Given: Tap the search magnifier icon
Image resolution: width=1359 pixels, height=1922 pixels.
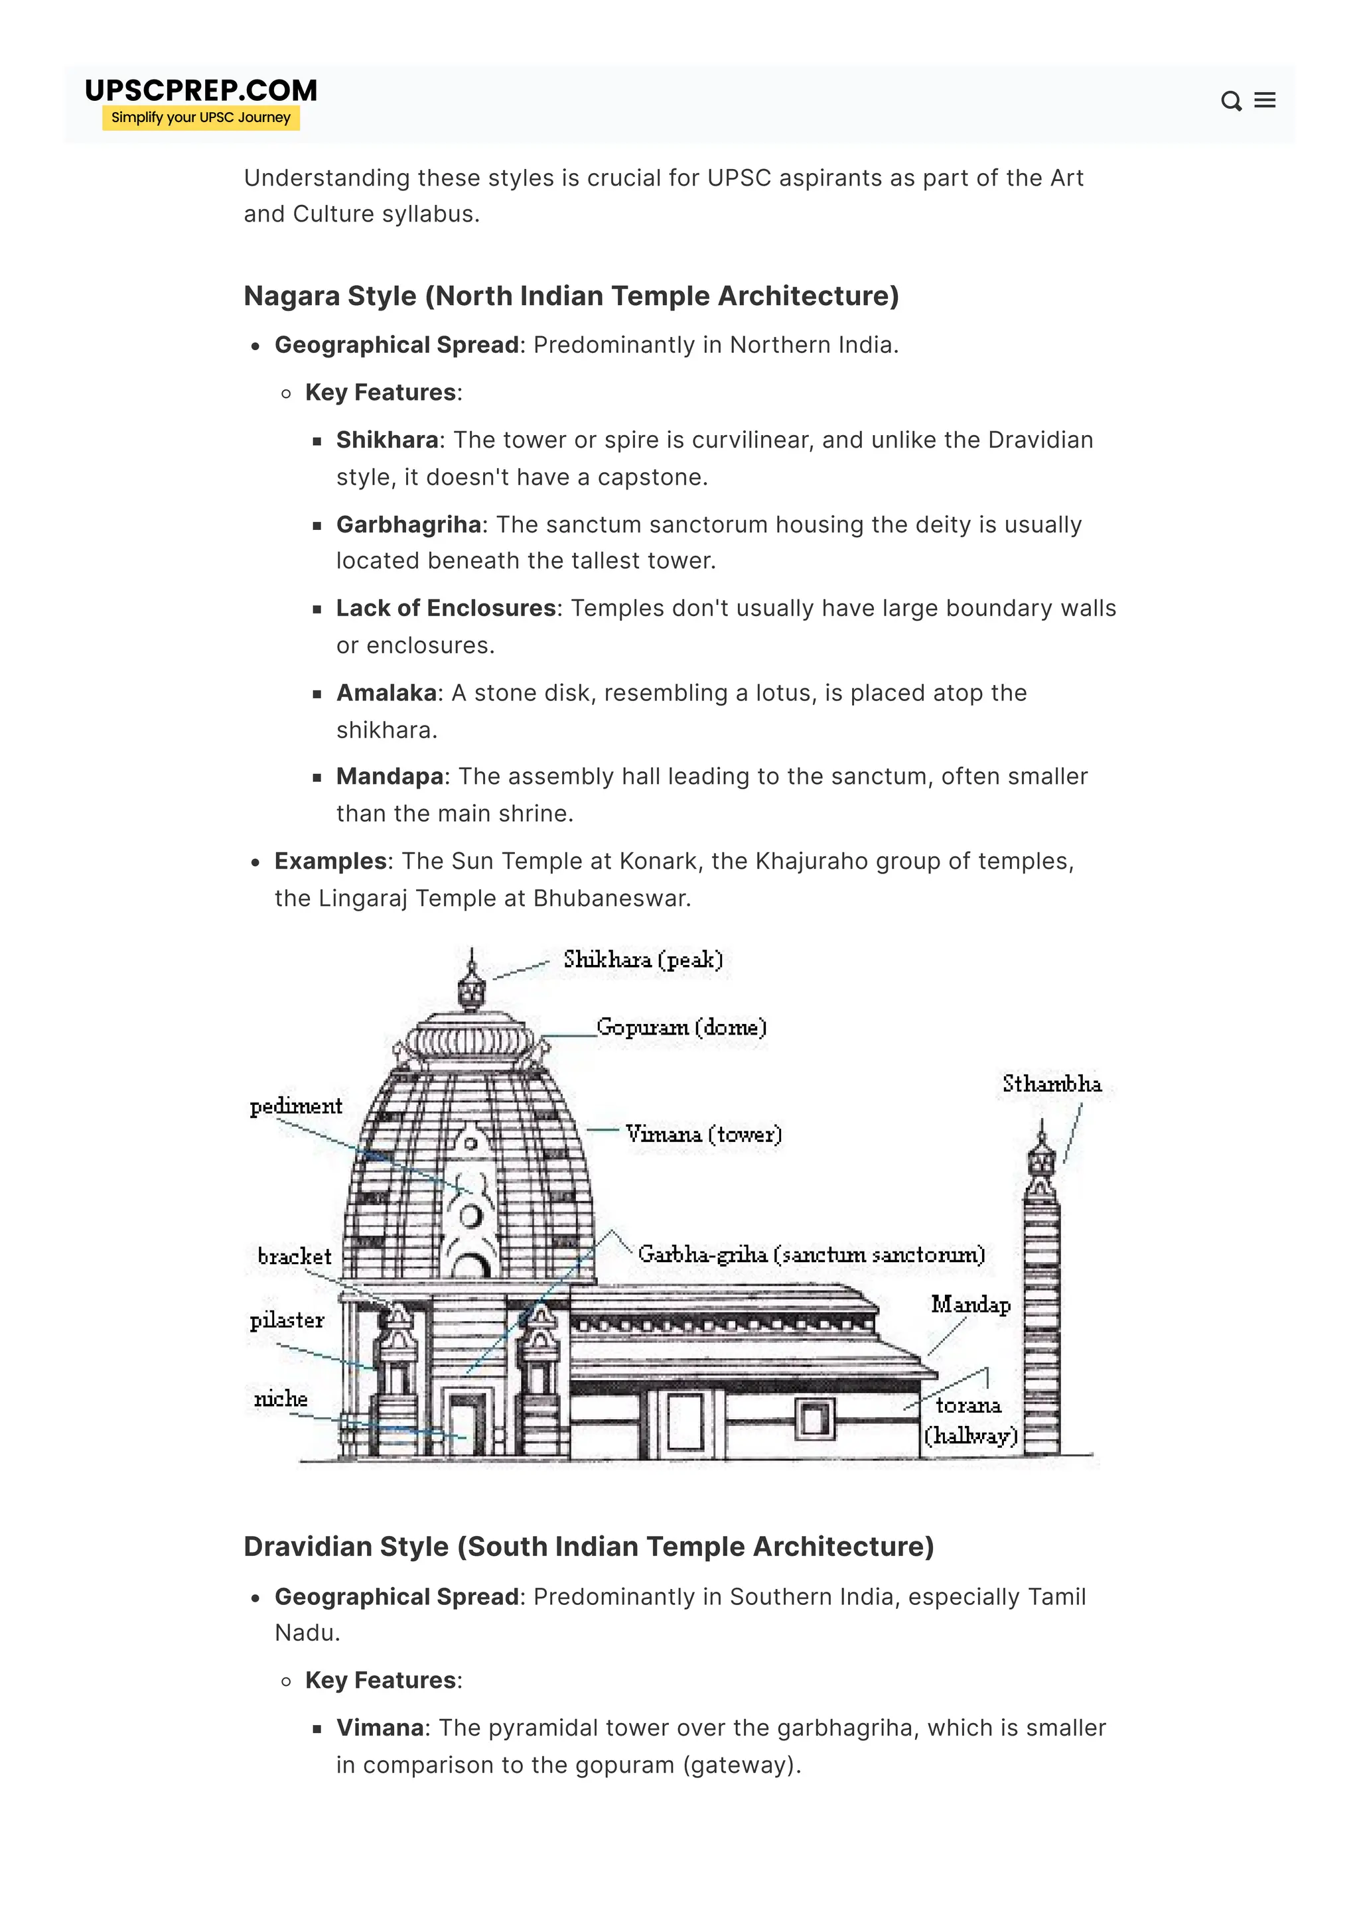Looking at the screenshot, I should tap(1230, 101).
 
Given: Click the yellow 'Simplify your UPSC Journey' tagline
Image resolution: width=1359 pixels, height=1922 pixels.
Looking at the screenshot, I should tap(201, 117).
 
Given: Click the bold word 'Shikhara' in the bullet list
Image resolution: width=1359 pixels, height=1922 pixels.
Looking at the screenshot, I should tap(387, 440).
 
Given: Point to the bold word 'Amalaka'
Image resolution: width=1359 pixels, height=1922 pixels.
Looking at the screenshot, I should tap(386, 693).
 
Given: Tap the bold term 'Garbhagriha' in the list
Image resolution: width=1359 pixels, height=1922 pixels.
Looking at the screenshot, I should tap(409, 525).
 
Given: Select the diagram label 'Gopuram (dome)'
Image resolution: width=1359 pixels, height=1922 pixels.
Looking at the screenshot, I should tap(681, 1027).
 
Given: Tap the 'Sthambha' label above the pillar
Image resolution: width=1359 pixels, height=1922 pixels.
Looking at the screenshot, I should tap(1052, 1084).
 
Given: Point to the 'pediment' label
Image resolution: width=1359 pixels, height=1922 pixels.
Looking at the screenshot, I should tap(295, 1107).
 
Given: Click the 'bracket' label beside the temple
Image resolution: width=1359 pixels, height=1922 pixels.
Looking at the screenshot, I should tap(294, 1257).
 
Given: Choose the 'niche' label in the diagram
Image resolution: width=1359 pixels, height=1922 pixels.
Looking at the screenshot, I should tap(281, 1399).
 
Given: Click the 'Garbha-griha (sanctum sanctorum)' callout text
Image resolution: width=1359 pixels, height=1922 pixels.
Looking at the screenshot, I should tap(810, 1254).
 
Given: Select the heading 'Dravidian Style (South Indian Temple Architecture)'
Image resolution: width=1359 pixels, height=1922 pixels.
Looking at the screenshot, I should tap(588, 1547).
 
